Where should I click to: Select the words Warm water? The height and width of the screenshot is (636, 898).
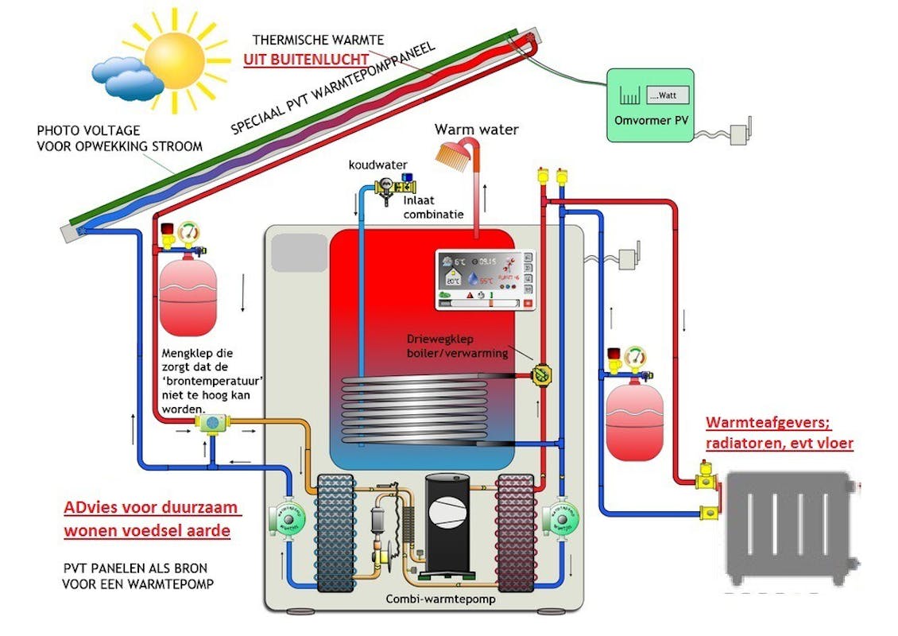click(477, 129)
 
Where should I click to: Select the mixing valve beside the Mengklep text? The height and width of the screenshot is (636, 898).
click(212, 422)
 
